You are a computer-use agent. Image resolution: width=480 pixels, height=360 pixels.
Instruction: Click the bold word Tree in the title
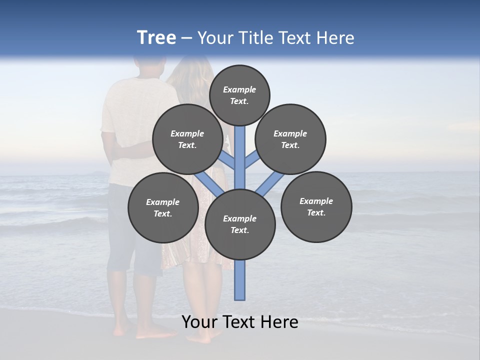[x=156, y=38]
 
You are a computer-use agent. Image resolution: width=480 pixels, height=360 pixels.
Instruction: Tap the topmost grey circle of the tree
[x=239, y=95]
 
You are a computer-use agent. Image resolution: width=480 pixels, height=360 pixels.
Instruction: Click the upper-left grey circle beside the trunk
[x=187, y=139]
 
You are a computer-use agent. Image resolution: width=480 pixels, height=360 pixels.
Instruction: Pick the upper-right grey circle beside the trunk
[x=290, y=139]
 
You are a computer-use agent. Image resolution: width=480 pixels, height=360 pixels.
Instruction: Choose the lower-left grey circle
[x=163, y=207]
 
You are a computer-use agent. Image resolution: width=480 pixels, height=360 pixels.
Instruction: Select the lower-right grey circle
[x=316, y=206]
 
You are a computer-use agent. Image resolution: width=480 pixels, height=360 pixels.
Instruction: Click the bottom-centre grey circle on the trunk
[x=240, y=224]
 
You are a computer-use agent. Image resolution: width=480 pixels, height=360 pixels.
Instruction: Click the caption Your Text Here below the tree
[x=239, y=322]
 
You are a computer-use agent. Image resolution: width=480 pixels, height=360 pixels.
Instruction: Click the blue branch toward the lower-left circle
[x=209, y=183]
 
